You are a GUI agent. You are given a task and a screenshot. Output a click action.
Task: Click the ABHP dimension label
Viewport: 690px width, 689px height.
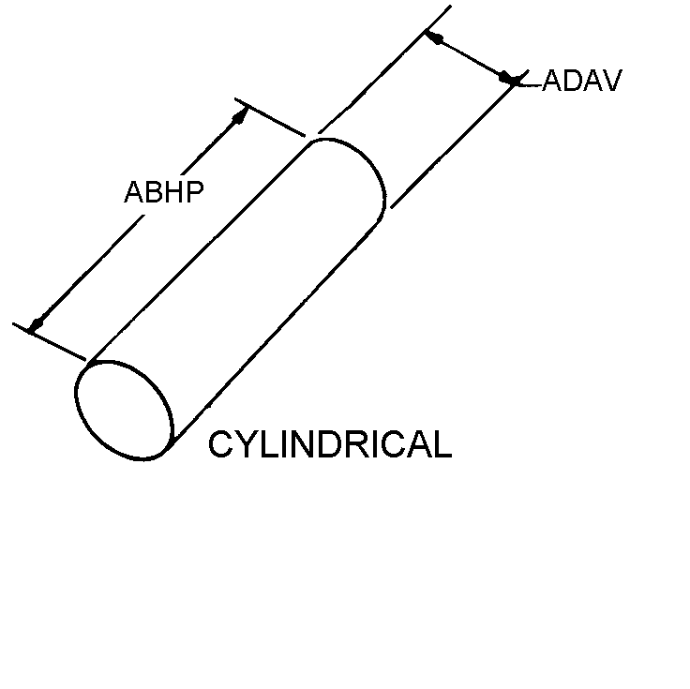click(164, 192)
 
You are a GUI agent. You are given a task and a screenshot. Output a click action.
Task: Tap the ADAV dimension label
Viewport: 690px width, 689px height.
click(582, 80)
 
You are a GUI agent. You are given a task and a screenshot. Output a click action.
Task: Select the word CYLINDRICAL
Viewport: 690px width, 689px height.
click(330, 444)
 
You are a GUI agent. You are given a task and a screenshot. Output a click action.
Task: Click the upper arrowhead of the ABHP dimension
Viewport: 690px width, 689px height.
click(240, 115)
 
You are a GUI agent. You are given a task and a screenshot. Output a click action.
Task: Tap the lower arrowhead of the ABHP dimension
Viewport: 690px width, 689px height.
click(36, 324)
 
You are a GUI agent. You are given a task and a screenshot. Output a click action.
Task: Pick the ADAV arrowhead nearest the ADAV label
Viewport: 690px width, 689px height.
click(507, 78)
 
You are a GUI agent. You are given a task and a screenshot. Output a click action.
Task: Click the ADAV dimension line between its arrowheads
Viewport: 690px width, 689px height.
click(470, 57)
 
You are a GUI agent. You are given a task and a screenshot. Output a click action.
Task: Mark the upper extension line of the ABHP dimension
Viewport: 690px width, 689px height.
click(270, 117)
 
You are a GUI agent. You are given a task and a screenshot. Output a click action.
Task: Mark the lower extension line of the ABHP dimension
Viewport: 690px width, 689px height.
click(49, 342)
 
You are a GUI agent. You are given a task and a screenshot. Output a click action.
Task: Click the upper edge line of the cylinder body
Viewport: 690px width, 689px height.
click(200, 252)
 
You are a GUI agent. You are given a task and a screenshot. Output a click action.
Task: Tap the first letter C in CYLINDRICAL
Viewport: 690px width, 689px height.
click(220, 444)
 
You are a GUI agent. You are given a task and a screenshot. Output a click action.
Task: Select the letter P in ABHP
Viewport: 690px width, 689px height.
click(195, 192)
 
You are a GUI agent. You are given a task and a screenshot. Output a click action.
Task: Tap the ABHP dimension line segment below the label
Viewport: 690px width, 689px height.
click(86, 273)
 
